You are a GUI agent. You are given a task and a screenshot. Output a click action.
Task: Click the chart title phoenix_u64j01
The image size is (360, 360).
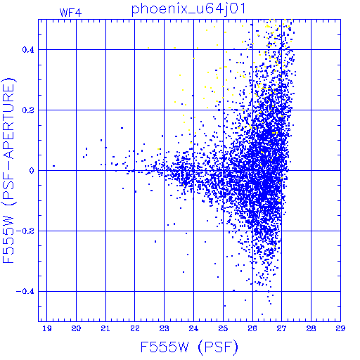[x=188, y=9]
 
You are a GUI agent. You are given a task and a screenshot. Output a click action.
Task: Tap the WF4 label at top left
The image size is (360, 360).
[x=70, y=13]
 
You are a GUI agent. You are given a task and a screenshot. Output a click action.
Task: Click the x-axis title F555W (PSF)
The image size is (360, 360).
[x=189, y=347]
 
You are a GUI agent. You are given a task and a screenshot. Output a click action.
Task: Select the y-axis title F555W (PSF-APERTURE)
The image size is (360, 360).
[x=8, y=171]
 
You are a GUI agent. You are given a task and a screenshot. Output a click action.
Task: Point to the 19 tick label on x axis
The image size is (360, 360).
[x=47, y=328]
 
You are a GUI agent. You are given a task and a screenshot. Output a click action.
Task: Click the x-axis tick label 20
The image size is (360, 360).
[x=76, y=328]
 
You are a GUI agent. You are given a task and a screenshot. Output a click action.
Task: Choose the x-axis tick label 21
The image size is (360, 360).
[x=105, y=328]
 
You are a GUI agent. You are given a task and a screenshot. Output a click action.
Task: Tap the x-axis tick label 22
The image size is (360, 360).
[x=135, y=328]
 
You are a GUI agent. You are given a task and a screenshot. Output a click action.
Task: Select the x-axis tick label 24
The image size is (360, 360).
[x=193, y=328]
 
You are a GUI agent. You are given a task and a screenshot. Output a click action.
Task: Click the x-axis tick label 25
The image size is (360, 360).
[x=223, y=328]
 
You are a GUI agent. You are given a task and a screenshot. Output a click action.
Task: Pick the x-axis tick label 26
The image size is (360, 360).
[x=252, y=328]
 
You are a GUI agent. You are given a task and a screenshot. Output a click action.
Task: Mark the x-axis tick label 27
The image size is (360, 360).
[x=282, y=328]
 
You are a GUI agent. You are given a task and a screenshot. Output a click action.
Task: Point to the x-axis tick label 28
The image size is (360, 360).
[x=311, y=328]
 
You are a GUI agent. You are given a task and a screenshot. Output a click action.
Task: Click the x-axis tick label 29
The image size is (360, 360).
[x=340, y=328]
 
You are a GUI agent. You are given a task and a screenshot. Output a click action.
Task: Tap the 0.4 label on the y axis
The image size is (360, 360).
[x=28, y=50]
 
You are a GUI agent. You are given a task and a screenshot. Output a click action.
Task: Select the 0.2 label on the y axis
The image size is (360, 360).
[x=28, y=110]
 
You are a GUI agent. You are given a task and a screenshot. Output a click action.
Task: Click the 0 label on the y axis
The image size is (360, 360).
[x=32, y=171]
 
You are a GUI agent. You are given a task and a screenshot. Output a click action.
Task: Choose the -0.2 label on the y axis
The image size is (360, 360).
[x=25, y=231]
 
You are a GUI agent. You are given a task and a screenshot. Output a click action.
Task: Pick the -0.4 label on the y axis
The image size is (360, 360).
[x=25, y=292]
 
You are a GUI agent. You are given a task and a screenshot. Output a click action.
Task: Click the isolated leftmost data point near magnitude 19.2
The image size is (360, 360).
[x=54, y=166]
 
